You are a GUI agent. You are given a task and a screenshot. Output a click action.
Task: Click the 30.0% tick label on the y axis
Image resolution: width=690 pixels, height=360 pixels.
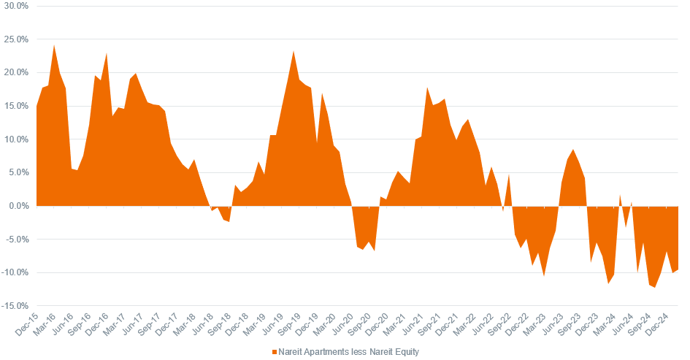15,6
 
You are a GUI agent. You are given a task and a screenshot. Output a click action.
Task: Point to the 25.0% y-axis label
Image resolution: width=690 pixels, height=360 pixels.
15,39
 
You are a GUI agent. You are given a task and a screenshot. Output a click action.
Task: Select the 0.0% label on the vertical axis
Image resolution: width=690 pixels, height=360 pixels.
17,206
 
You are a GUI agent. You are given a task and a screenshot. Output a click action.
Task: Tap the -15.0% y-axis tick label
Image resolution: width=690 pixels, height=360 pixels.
14,306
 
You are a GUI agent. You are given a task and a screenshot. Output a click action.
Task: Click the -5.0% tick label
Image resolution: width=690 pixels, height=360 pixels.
15,240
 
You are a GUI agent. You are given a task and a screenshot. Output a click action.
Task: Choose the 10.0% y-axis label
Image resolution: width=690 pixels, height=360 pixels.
15,139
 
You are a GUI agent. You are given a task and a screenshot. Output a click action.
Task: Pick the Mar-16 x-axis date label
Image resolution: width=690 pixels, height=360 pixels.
45,326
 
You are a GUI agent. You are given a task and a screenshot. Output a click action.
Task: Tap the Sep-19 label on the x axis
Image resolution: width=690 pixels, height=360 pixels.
291,326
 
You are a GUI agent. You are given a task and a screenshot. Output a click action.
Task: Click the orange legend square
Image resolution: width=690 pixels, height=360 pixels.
275,352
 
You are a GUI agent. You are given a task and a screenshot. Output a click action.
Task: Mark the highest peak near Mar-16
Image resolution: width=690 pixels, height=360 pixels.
54,45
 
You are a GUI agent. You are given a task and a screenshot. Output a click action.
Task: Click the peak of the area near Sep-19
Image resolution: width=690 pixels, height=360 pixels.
294,51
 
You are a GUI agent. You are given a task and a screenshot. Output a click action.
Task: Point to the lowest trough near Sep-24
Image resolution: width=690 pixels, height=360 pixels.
655,288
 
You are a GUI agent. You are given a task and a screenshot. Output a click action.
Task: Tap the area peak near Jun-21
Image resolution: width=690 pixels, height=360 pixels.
427,88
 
